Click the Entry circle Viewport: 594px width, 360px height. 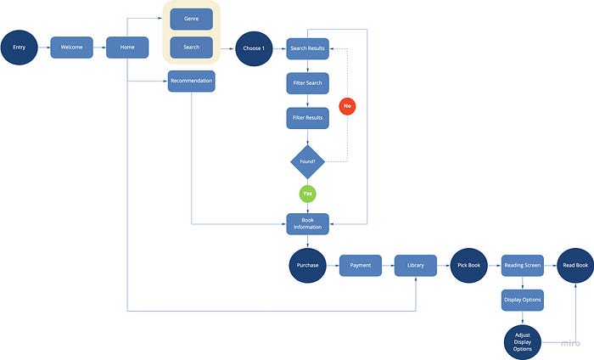20,48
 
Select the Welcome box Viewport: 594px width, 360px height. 71,48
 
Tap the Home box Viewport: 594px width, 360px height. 127,48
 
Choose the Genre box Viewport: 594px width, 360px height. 191,19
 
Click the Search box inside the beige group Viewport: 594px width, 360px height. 191,48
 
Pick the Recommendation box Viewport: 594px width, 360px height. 191,82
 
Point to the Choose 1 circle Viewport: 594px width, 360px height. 254,48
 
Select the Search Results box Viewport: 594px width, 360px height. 307,48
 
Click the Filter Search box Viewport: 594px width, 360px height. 307,83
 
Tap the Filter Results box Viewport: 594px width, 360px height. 307,118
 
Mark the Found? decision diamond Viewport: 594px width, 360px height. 307,162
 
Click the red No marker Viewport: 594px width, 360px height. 347,106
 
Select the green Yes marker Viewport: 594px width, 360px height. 307,194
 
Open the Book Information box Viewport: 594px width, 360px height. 307,224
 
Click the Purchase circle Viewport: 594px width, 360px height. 307,265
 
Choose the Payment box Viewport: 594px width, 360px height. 361,265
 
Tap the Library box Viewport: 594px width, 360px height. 416,265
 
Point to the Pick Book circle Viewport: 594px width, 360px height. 469,265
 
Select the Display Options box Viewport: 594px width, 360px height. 523,300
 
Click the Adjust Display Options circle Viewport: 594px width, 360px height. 523,342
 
